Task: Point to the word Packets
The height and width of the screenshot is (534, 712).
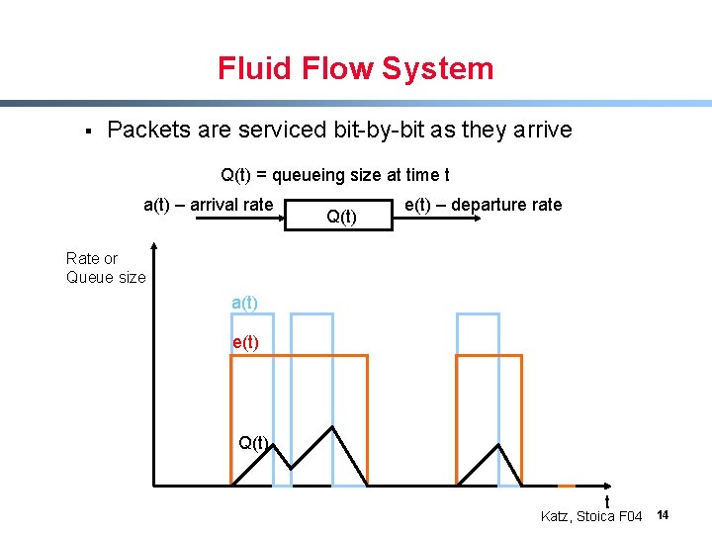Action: pyautogui.click(x=148, y=131)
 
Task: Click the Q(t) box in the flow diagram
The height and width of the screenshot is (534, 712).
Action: pyautogui.click(x=341, y=215)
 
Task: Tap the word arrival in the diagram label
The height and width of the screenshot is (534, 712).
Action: pyautogui.click(x=215, y=205)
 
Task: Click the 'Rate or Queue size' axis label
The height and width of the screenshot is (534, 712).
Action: pyautogui.click(x=105, y=268)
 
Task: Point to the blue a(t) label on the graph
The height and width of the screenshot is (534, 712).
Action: pyautogui.click(x=244, y=304)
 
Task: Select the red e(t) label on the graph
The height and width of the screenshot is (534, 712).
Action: pyautogui.click(x=245, y=343)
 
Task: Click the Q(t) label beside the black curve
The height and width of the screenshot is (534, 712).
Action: pyautogui.click(x=253, y=442)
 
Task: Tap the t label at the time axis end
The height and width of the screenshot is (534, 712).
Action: pyautogui.click(x=606, y=502)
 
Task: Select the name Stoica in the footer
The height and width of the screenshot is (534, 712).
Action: pyautogui.click(x=596, y=516)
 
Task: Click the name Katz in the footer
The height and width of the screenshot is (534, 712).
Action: pyautogui.click(x=558, y=516)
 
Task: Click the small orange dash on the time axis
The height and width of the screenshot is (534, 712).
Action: pyautogui.click(x=566, y=487)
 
